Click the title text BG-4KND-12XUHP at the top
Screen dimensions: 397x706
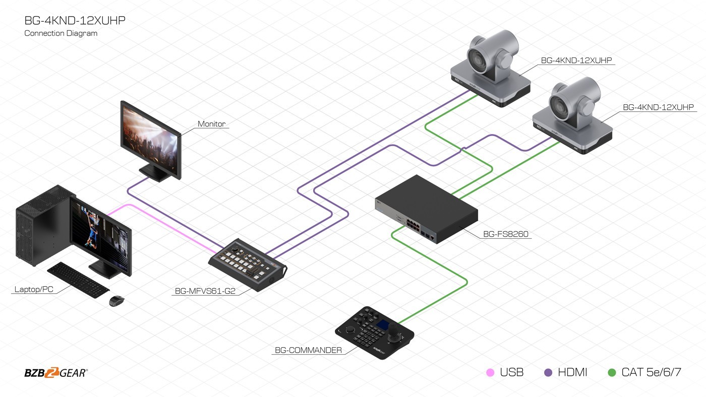75,21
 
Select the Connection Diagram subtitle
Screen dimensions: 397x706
61,33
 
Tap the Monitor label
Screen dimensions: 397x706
211,123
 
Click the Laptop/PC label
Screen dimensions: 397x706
33,289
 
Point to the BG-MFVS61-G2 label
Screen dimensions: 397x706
205,291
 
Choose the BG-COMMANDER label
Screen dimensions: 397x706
308,350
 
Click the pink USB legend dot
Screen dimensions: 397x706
490,373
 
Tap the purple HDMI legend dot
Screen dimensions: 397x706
548,373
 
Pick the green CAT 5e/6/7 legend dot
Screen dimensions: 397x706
612,373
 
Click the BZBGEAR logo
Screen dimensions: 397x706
55,373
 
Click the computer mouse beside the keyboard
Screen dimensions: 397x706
116,301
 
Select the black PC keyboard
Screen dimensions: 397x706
78,280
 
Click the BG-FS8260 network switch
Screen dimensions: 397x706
426,209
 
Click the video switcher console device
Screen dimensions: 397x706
247,262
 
